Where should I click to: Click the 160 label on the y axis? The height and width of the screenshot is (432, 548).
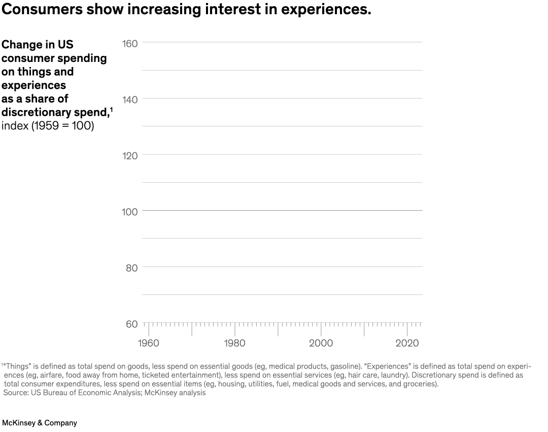[x=130, y=44]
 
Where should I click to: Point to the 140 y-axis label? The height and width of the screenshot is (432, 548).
[x=130, y=99]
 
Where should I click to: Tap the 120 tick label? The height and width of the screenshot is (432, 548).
[x=130, y=156]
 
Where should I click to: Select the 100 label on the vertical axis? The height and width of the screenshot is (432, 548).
[x=130, y=212]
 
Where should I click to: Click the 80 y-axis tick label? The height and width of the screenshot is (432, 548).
[x=131, y=268]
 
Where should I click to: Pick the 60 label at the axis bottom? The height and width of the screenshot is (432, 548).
[x=131, y=324]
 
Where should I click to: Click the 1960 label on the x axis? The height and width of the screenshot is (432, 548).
[x=148, y=343]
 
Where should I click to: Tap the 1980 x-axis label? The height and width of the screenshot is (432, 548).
[x=234, y=343]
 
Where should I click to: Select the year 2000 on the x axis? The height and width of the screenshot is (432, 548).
[x=321, y=343]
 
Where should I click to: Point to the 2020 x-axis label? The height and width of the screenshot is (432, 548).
[x=407, y=343]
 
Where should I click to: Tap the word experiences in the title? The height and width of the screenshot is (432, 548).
[x=320, y=10]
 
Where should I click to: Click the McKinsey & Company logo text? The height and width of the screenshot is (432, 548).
[x=40, y=422]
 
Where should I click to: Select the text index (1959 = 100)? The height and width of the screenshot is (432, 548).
[x=48, y=126]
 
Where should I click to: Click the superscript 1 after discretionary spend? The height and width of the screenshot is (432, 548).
[x=111, y=109]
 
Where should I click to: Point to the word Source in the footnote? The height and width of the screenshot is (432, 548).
[x=16, y=393]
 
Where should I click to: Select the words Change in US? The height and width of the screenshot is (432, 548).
[x=38, y=45]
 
